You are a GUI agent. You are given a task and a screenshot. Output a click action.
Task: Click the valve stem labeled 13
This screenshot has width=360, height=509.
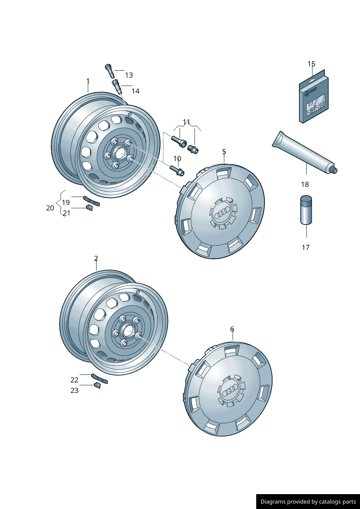[x=110, y=71]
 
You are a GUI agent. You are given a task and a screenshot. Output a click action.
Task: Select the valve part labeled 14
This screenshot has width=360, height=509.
[x=116, y=87]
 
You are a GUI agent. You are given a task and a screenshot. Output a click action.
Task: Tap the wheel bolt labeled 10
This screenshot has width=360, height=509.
[x=177, y=170]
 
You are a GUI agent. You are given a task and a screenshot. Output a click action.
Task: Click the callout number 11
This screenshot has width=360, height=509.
[x=187, y=122]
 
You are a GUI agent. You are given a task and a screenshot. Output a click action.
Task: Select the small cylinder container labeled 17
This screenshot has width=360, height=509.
[x=306, y=210]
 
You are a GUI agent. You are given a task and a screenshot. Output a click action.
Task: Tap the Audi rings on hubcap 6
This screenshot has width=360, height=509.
[x=230, y=390]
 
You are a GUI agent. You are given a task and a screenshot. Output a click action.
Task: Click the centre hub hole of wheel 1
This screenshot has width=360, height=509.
[x=120, y=153]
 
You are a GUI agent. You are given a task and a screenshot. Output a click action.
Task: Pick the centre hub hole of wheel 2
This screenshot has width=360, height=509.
[x=128, y=331]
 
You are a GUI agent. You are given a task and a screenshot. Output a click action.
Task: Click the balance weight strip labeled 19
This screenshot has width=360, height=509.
[x=91, y=201]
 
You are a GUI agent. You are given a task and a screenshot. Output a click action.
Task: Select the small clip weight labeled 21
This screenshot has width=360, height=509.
[x=89, y=208]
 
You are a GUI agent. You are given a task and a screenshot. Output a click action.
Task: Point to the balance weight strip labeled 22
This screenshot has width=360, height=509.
[x=99, y=378]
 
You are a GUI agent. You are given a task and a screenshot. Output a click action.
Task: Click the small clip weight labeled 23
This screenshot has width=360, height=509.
[x=97, y=385]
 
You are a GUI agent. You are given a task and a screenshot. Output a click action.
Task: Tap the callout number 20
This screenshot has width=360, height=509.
[x=50, y=208]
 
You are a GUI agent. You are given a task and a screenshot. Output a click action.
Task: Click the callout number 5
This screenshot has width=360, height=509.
[x=224, y=152]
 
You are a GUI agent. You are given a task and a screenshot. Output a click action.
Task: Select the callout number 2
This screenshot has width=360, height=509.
[x=96, y=258]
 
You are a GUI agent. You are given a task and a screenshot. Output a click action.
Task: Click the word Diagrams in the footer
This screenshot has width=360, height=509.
[x=273, y=502]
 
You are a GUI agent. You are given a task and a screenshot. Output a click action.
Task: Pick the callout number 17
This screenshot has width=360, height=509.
[x=306, y=247]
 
